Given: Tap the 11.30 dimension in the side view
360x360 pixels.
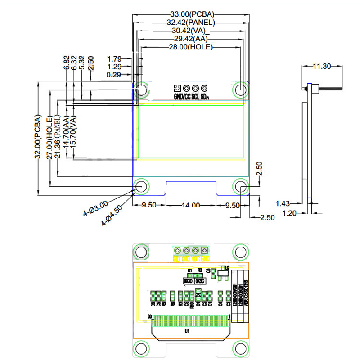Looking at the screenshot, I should (x=322, y=66).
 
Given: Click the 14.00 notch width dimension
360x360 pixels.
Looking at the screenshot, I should (x=191, y=205).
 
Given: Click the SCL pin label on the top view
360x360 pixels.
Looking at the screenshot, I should (x=195, y=97).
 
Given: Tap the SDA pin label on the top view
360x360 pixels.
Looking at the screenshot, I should (x=204, y=97).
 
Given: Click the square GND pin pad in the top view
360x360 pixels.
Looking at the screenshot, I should (x=177, y=88).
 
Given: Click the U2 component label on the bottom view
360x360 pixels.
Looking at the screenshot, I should (x=227, y=268).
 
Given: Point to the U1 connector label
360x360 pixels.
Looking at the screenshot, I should (x=187, y=331).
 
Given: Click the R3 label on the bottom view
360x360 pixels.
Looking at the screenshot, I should (x=200, y=270).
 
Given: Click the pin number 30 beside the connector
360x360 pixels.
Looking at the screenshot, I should (x=150, y=316).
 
